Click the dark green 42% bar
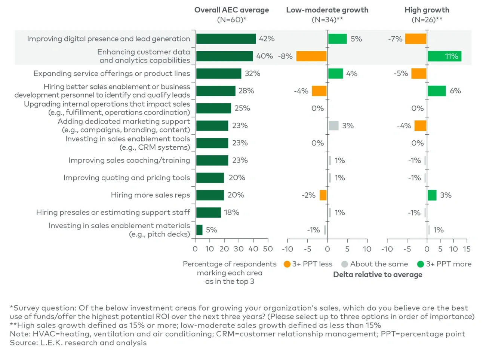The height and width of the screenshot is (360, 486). pos(226,39)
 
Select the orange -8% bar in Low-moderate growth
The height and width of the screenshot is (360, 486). pos(311,56)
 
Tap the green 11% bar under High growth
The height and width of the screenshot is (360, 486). pos(445,56)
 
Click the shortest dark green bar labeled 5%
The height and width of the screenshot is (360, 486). pos(199,230)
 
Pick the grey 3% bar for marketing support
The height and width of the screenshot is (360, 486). pos(333,126)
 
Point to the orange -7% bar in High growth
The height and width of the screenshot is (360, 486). pos(416,39)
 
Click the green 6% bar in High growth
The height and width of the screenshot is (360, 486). pos(437,91)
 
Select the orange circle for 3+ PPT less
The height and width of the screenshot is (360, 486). pos(287,264)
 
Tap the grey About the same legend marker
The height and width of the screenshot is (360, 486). pos(345,264)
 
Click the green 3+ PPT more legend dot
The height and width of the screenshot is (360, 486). pos(421,264)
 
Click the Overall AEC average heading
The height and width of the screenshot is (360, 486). pos(231,10)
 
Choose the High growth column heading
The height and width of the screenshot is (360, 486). pos(427,10)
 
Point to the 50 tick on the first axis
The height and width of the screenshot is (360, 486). pos(268,249)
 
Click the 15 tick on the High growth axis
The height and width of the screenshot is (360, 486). pos(467,249)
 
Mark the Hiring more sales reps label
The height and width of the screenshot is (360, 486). pos(150,195)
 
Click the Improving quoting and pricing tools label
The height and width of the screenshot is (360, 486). pos(126,178)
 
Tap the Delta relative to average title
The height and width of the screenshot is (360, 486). pos(378,275)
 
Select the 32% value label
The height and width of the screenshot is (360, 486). pos(252,74)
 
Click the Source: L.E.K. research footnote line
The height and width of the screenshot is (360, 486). pos(78,343)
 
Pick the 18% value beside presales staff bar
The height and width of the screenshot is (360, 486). pos(231,213)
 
